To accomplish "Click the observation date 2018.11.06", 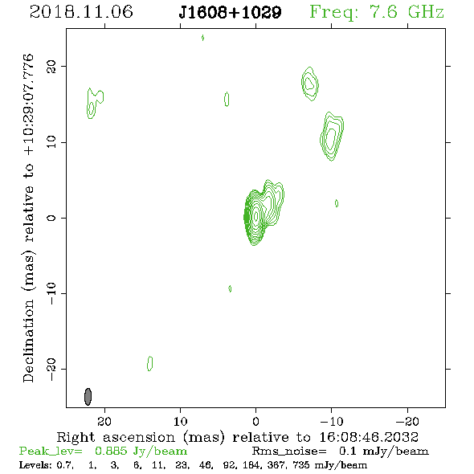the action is (81, 12).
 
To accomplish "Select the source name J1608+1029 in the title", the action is (230, 12).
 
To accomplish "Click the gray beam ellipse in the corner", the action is (88, 397).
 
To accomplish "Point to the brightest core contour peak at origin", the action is (256, 216).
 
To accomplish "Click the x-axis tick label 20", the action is (104, 421).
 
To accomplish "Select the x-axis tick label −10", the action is (332, 421).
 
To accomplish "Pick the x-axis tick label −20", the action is (407, 421).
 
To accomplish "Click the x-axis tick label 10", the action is (181, 421).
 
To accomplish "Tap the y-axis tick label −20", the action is (51, 370).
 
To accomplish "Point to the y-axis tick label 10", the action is (51, 141).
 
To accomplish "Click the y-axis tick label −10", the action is (51, 293).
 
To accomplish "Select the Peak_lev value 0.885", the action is (111, 451).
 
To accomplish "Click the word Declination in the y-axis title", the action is (28, 341).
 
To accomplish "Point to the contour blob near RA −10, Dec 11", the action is (332, 137).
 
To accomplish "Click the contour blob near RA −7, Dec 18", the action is (310, 84).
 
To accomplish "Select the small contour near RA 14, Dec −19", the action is (149, 363).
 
